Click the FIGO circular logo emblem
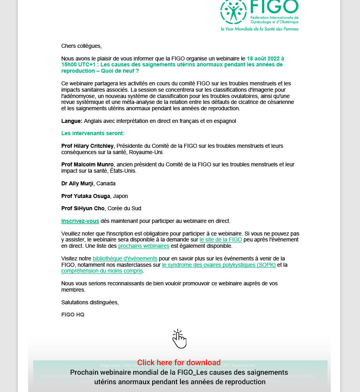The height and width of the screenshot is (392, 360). tap(233, 12)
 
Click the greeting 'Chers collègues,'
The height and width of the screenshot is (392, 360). tap(81, 46)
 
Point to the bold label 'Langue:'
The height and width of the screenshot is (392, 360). tap(72, 121)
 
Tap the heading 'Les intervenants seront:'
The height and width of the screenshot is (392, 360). tap(93, 134)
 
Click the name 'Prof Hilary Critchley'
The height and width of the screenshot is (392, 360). tap(87, 146)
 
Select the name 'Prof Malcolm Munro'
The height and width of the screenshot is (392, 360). tap(87, 164)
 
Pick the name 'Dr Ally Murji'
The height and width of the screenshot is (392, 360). tap(77, 183)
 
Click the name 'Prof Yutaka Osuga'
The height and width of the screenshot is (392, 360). tap(86, 196)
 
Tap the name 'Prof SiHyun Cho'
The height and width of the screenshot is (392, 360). tap(83, 208)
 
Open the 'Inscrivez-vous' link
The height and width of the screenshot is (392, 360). tap(80, 221)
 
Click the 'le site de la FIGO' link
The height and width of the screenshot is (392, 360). tap(221, 239)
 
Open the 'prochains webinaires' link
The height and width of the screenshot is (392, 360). tap(144, 246)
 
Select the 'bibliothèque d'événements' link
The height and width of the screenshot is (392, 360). tap(125, 258)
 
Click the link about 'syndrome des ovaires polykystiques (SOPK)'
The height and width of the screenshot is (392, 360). tap(219, 265)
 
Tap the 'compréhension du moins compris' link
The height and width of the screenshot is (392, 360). tap(102, 271)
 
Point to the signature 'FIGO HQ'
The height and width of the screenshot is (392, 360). tap(73, 315)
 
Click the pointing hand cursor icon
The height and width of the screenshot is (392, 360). tap(179, 339)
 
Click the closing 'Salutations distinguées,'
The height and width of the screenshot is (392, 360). tap(90, 302)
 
